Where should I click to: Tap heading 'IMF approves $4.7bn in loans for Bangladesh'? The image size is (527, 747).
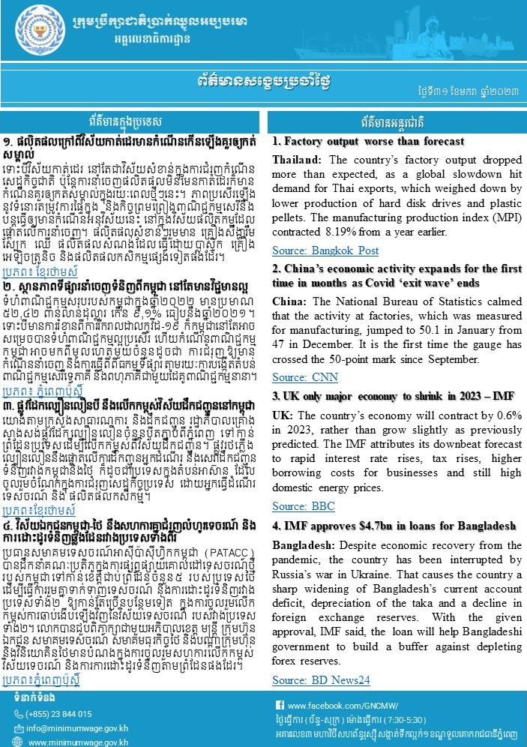(x=391, y=504)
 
